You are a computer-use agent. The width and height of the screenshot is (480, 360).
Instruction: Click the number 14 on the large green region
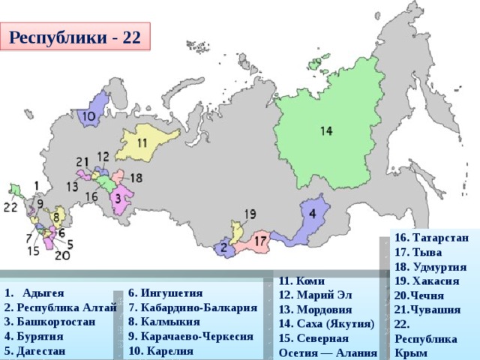pyautogui.click(x=325, y=131)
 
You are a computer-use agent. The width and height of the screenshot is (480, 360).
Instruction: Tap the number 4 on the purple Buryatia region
pyautogui.click(x=312, y=213)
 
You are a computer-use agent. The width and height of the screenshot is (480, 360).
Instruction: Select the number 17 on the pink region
pyautogui.click(x=259, y=241)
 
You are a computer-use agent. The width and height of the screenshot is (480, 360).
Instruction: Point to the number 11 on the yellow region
pyautogui.click(x=141, y=142)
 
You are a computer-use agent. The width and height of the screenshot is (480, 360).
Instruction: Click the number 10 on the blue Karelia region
pyautogui.click(x=88, y=117)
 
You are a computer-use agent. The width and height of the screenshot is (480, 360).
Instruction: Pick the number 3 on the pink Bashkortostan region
pyautogui.click(x=118, y=198)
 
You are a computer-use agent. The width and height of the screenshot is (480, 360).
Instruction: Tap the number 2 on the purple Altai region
pyautogui.click(x=223, y=247)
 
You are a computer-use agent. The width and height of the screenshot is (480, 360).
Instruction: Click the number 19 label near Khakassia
pyautogui.click(x=250, y=214)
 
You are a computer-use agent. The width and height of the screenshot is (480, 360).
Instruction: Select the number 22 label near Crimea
pyautogui.click(x=10, y=206)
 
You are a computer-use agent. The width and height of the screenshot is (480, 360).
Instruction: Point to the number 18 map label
pyautogui.click(x=136, y=178)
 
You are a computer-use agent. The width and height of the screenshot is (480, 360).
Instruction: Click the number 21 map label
pyautogui.click(x=82, y=161)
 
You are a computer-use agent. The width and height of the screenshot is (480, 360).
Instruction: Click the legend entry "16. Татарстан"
pyautogui.click(x=430, y=238)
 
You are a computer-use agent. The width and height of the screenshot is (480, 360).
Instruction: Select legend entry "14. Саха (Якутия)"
pyautogui.click(x=326, y=324)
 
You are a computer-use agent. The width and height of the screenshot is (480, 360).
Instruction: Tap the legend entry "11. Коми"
pyautogui.click(x=301, y=281)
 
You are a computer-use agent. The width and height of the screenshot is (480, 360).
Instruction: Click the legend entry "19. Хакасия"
pyautogui.click(x=426, y=280)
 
